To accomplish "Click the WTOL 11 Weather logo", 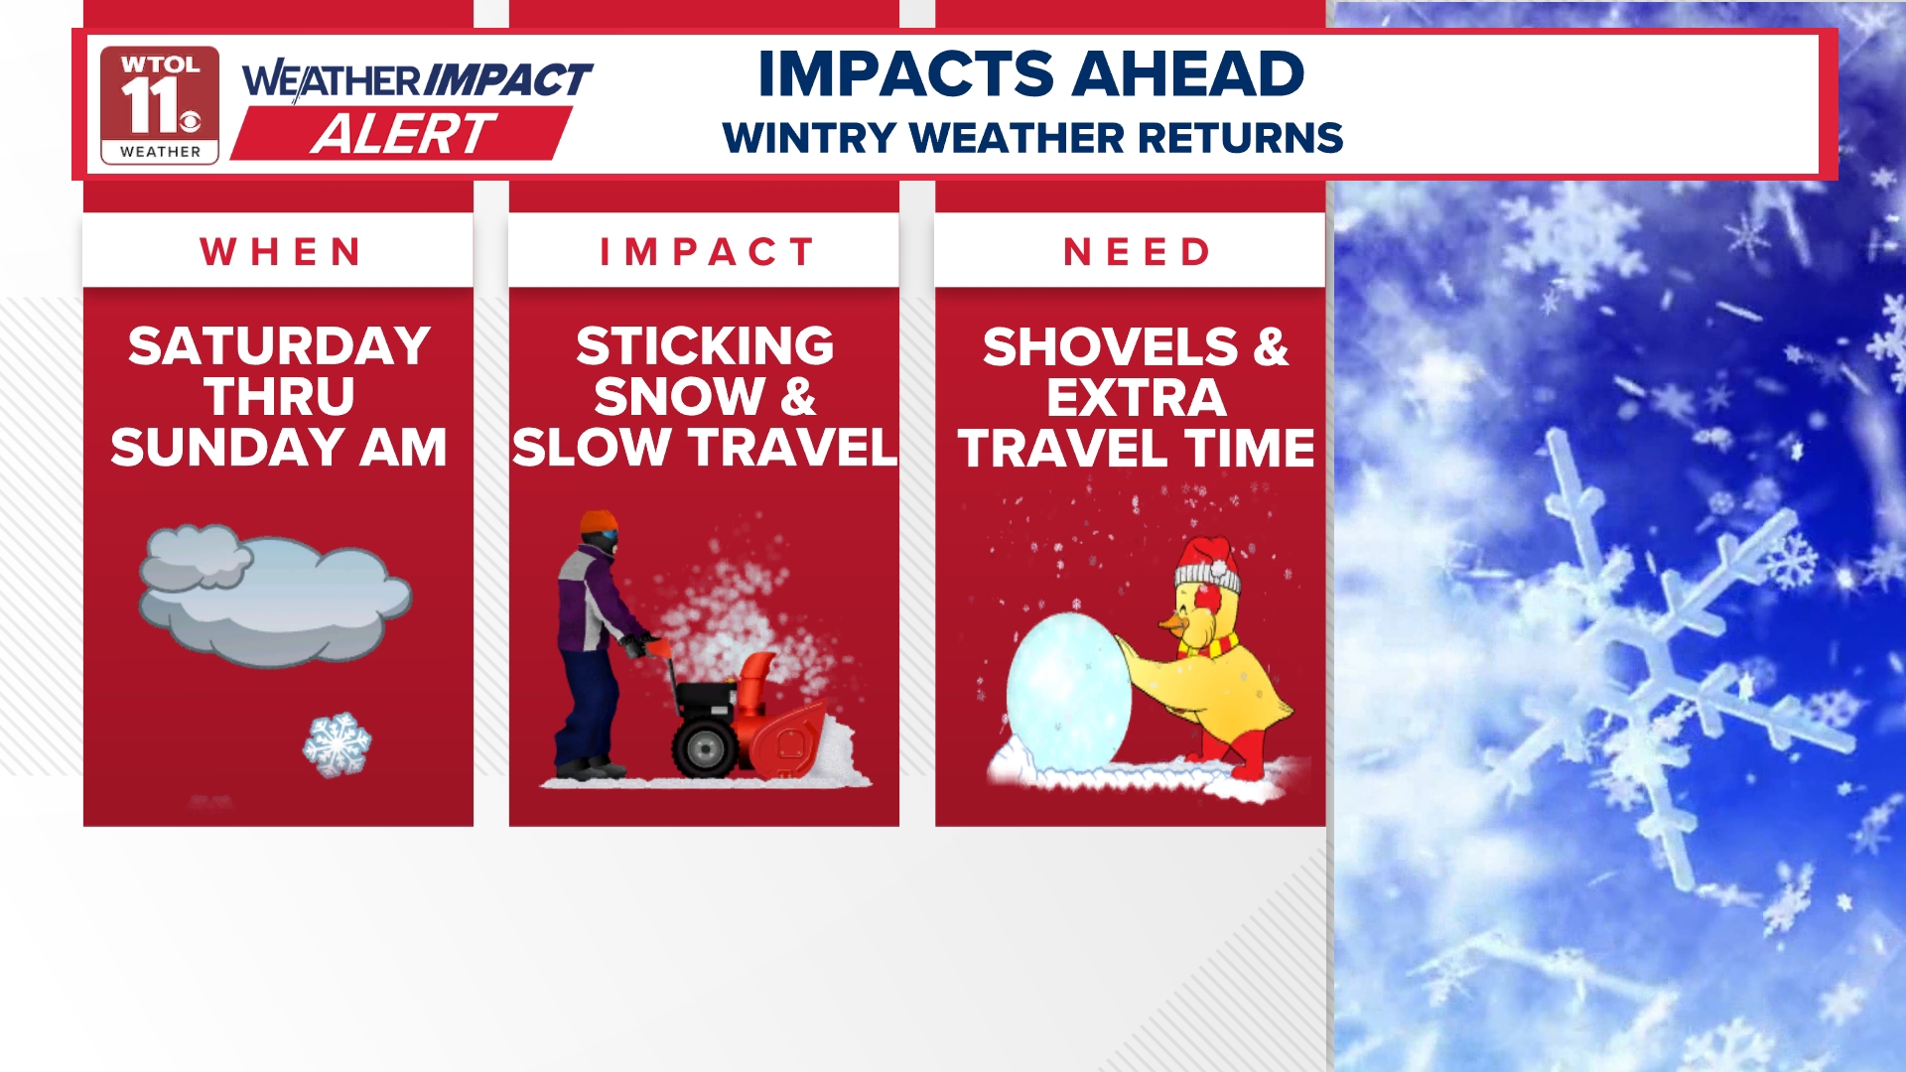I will point(159,104).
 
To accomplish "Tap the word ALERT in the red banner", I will point(402,134).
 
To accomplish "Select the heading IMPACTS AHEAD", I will point(1030,74).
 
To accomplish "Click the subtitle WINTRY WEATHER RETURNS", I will point(1032,138).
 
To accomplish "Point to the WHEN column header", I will point(281,252).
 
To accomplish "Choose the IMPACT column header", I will point(707,252).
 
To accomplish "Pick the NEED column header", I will point(1137,252).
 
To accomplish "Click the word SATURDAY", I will point(279,346).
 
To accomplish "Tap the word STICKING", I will point(705,346).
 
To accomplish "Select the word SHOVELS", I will point(1110,347).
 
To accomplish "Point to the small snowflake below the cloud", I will point(338,743).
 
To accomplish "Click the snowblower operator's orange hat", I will point(599,522).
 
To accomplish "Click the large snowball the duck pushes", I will point(1067,690).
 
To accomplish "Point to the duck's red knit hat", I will point(1208,563).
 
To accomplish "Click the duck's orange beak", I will point(1172,622).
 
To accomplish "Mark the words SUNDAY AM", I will point(279,447).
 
